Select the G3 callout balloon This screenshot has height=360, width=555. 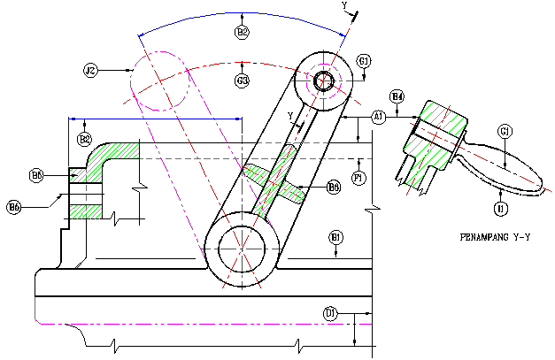(x=243, y=80)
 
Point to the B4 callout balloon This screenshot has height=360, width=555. (x=397, y=96)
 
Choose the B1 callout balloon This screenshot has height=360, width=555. (x=336, y=237)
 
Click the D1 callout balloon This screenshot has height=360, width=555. (x=330, y=313)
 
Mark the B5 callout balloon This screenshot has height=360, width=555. (x=36, y=175)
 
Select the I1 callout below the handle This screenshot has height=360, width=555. (x=500, y=208)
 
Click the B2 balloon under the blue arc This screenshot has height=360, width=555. (x=243, y=32)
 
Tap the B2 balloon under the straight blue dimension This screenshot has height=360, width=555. (x=85, y=139)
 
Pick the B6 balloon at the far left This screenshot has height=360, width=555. (x=14, y=207)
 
